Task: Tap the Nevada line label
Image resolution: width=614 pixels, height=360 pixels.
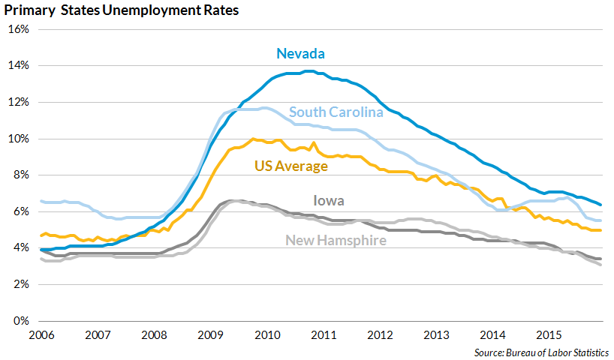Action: [300, 53]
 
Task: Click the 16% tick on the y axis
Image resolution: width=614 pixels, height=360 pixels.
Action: [18, 29]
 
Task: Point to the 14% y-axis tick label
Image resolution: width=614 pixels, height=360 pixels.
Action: [18, 66]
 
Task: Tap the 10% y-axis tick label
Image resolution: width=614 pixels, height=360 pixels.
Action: [18, 139]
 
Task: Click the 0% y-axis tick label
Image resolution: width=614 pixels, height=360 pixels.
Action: [20, 321]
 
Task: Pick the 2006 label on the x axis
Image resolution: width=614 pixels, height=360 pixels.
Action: [41, 334]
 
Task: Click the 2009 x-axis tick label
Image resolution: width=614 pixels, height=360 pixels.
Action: [211, 334]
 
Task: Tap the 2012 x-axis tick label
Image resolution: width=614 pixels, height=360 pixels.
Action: [381, 334]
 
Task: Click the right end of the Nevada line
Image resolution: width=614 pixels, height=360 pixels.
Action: [600, 204]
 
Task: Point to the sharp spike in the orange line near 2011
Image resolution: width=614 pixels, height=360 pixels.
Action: [314, 142]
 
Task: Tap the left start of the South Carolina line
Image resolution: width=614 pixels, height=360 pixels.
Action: [41, 201]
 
